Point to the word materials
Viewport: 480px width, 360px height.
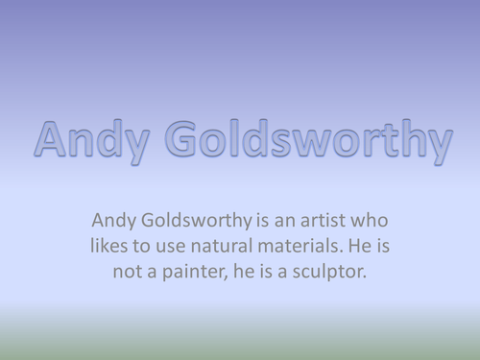pyautogui.click(x=305, y=246)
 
